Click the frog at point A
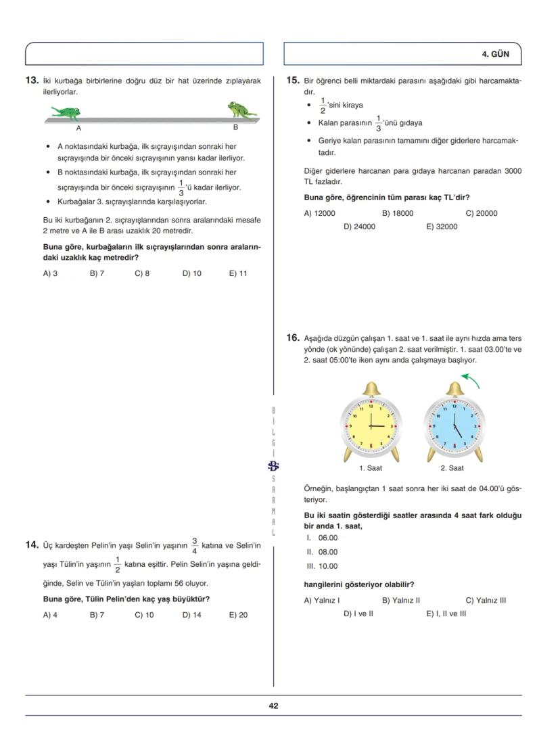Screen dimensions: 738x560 click(x=66, y=112)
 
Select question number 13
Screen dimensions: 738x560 click(x=31, y=80)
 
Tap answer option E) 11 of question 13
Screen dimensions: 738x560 click(x=238, y=274)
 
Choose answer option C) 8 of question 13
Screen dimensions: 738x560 click(x=142, y=274)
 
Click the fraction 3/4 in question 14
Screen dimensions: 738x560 click(x=194, y=545)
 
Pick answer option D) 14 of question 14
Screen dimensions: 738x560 click(x=191, y=615)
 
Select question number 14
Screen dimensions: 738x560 click(x=31, y=545)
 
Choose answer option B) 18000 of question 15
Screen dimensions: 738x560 click(x=398, y=213)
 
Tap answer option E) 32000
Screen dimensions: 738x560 click(x=442, y=227)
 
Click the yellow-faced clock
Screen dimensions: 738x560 click(x=370, y=426)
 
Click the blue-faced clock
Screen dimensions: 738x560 click(x=452, y=426)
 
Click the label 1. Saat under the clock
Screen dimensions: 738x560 click(x=370, y=468)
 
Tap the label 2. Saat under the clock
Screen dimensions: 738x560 click(x=452, y=468)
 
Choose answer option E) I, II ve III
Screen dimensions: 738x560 click(x=446, y=614)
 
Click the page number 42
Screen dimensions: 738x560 click(x=273, y=706)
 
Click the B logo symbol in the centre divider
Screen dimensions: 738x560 click(x=273, y=465)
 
